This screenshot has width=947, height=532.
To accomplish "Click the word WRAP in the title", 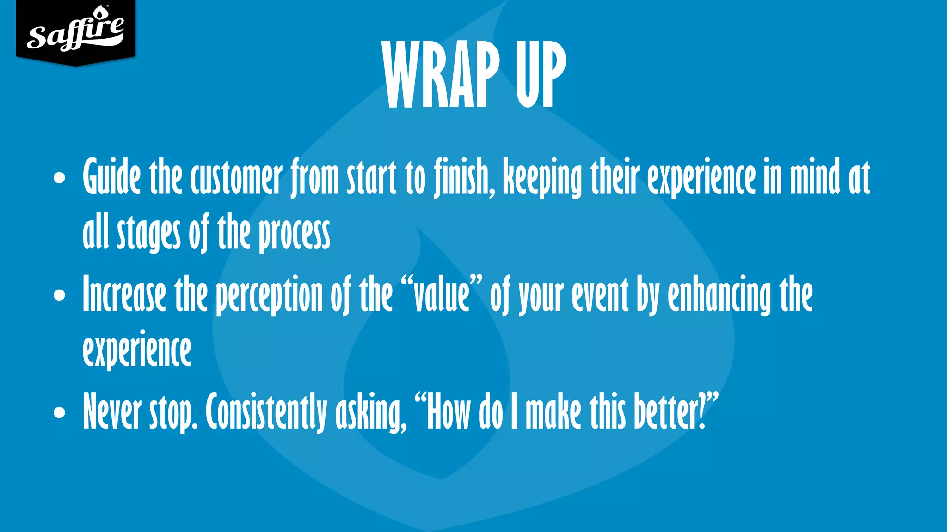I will click(x=441, y=75).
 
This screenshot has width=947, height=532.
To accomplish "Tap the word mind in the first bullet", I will click(x=815, y=178).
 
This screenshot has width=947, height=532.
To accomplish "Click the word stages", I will click(x=148, y=234).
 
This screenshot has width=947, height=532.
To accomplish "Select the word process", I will click(x=294, y=234).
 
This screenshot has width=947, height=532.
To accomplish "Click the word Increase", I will click(x=124, y=295).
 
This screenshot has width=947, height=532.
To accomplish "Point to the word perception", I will click(x=269, y=296).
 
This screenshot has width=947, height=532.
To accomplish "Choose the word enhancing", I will click(x=719, y=296).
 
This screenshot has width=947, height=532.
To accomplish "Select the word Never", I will click(x=112, y=411).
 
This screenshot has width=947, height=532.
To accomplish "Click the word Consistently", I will click(x=266, y=411).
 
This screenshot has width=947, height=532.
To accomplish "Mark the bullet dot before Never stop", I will click(x=59, y=412).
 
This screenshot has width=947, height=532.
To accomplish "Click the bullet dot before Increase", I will click(x=59, y=295).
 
